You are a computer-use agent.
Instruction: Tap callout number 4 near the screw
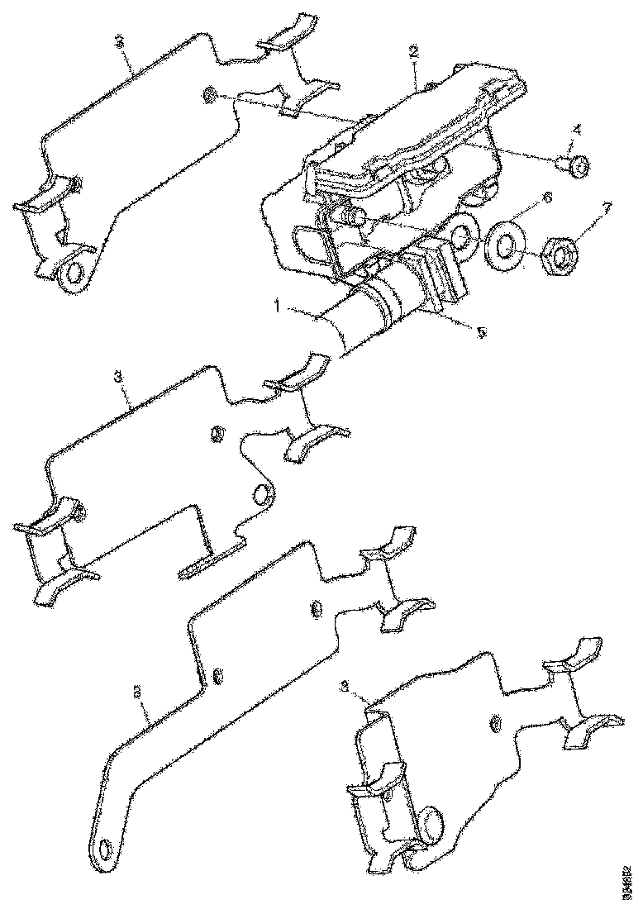coord(576,129)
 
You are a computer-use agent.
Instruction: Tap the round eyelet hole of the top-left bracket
coord(76,270)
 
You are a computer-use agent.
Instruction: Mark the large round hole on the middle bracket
coord(262,494)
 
